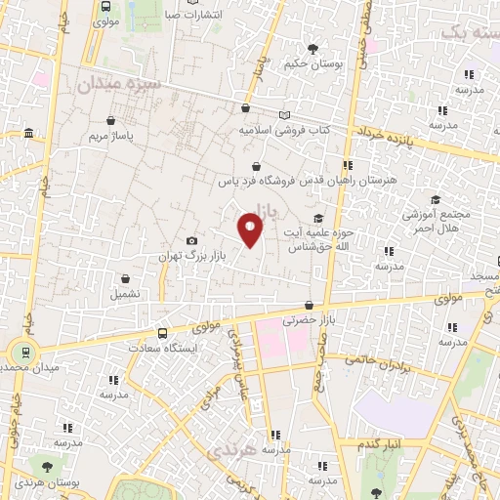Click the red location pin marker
point(250,229)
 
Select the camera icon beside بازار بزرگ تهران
point(191,241)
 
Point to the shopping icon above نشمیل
point(125,278)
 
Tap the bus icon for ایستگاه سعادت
point(161,332)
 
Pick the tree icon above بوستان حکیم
point(312,49)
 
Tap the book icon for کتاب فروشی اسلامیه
point(284,114)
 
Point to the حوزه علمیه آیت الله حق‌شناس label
point(317,239)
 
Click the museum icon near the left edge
point(28,133)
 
